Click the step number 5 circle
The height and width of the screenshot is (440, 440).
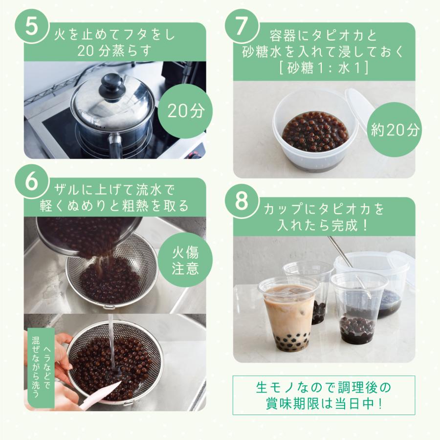click(31, 26)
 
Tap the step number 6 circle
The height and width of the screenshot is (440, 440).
click(31, 181)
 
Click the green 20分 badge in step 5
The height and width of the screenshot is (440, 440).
click(185, 111)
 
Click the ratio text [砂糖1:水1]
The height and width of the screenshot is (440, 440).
click(324, 67)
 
